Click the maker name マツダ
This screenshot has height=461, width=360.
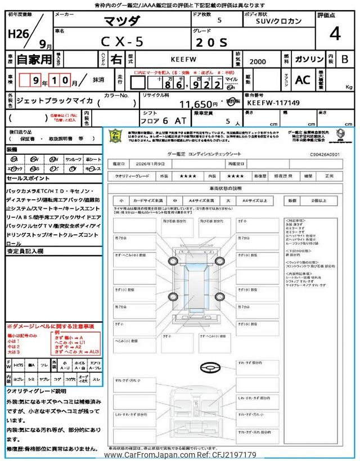pos(123,21)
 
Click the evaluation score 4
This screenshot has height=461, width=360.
pos(335,34)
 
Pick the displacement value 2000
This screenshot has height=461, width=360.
pos(259,59)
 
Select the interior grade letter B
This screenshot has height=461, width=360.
pos(345,59)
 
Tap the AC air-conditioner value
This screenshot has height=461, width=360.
pos(303,80)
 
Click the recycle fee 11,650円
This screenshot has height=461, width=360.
pos(199,104)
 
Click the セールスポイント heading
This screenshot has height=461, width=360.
pos(28,178)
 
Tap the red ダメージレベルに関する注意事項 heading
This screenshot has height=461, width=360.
pos(51,326)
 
